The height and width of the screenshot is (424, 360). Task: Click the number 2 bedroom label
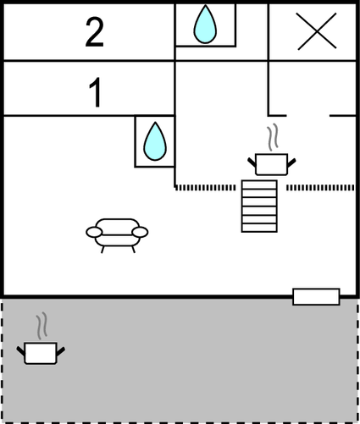pyautogui.click(x=95, y=33)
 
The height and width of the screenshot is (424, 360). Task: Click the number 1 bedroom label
pyautogui.click(x=96, y=92)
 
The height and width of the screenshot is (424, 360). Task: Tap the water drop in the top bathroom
pyautogui.click(x=205, y=25)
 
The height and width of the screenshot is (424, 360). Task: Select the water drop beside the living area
pyautogui.click(x=155, y=141)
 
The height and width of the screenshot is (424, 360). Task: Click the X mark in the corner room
pyautogui.click(x=317, y=31)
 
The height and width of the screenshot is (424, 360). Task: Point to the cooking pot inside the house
pyautogui.click(x=271, y=164)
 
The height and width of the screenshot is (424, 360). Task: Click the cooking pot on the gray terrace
pyautogui.click(x=41, y=353)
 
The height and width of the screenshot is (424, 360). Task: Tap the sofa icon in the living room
pyautogui.click(x=117, y=235)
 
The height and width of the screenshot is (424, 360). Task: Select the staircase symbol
pyautogui.click(x=259, y=206)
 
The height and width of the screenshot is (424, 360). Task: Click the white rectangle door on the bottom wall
pyautogui.click(x=316, y=297)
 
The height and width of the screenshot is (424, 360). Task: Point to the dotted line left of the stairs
pyautogui.click(x=205, y=188)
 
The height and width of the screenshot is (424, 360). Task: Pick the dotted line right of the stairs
pyautogui.click(x=320, y=188)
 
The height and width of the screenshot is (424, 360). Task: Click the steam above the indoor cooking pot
pyautogui.click(x=273, y=137)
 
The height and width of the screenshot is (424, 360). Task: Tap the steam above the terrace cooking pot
pyautogui.click(x=42, y=326)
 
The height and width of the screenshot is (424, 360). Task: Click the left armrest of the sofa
pyautogui.click(x=94, y=232)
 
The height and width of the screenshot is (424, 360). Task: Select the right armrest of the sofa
pyautogui.click(x=140, y=232)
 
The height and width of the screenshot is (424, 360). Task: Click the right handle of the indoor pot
pyautogui.click(x=291, y=162)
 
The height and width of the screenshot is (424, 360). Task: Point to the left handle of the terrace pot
pyautogui.click(x=21, y=350)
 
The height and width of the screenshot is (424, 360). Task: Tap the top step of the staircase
pyautogui.click(x=259, y=184)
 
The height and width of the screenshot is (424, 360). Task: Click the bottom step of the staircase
pyautogui.click(x=259, y=228)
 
